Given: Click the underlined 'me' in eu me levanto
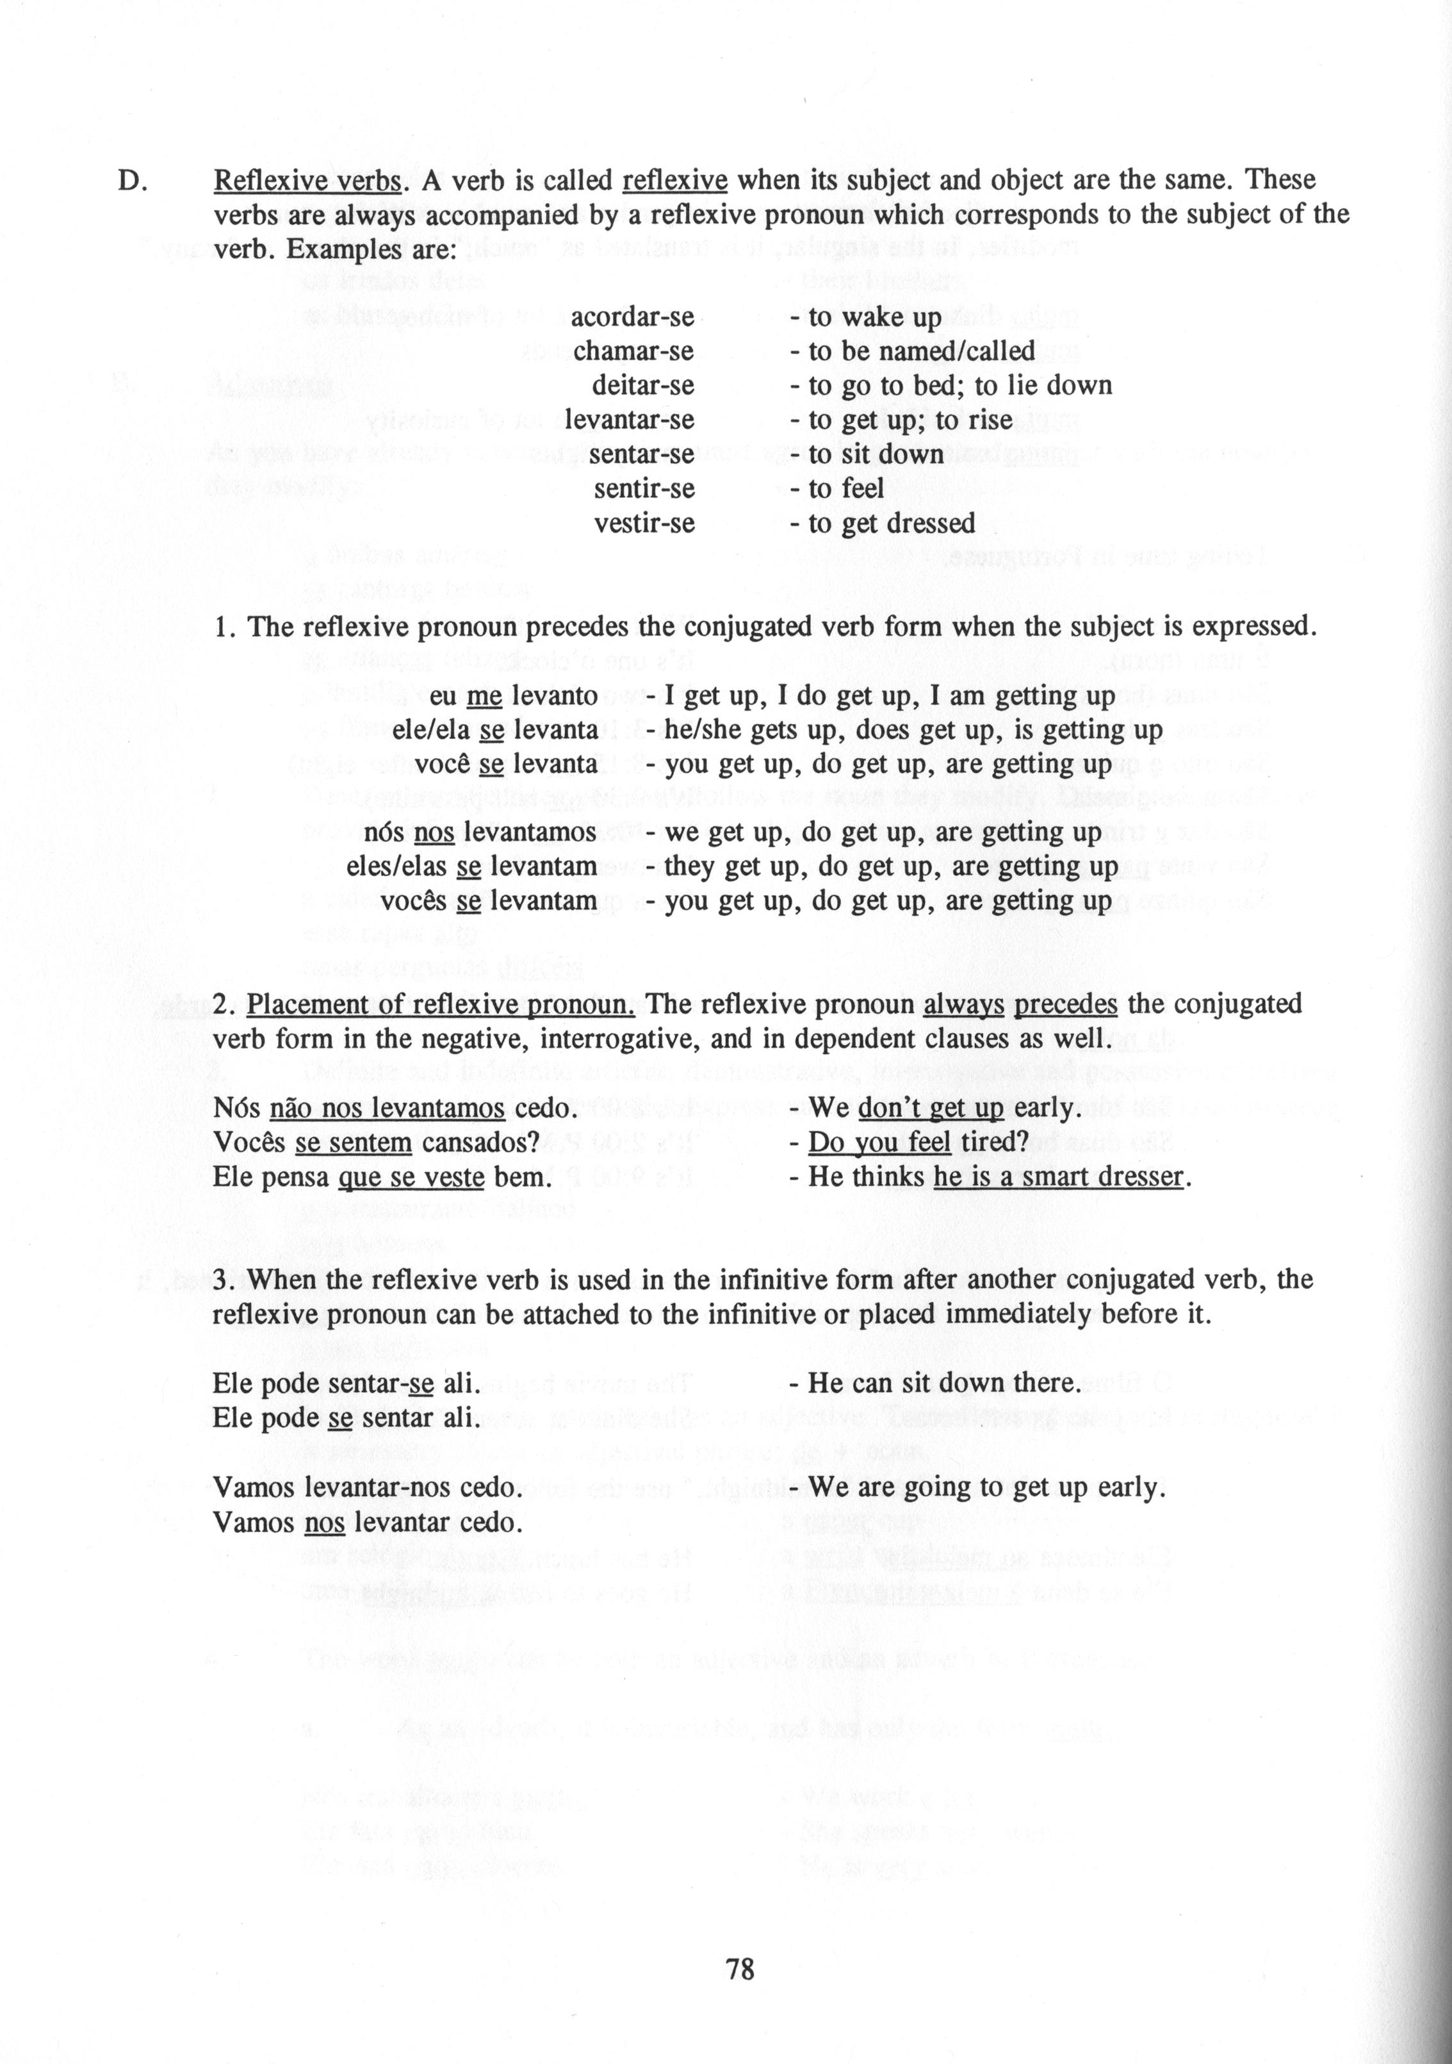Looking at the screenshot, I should pyautogui.click(x=484, y=696).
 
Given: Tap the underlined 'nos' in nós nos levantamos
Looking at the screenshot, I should pyautogui.click(x=434, y=832).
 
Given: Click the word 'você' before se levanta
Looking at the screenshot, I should pyautogui.click(x=440, y=764).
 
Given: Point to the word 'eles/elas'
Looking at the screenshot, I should pyautogui.click(x=396, y=866).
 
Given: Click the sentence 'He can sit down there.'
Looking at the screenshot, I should pyautogui.click(x=944, y=1383).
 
